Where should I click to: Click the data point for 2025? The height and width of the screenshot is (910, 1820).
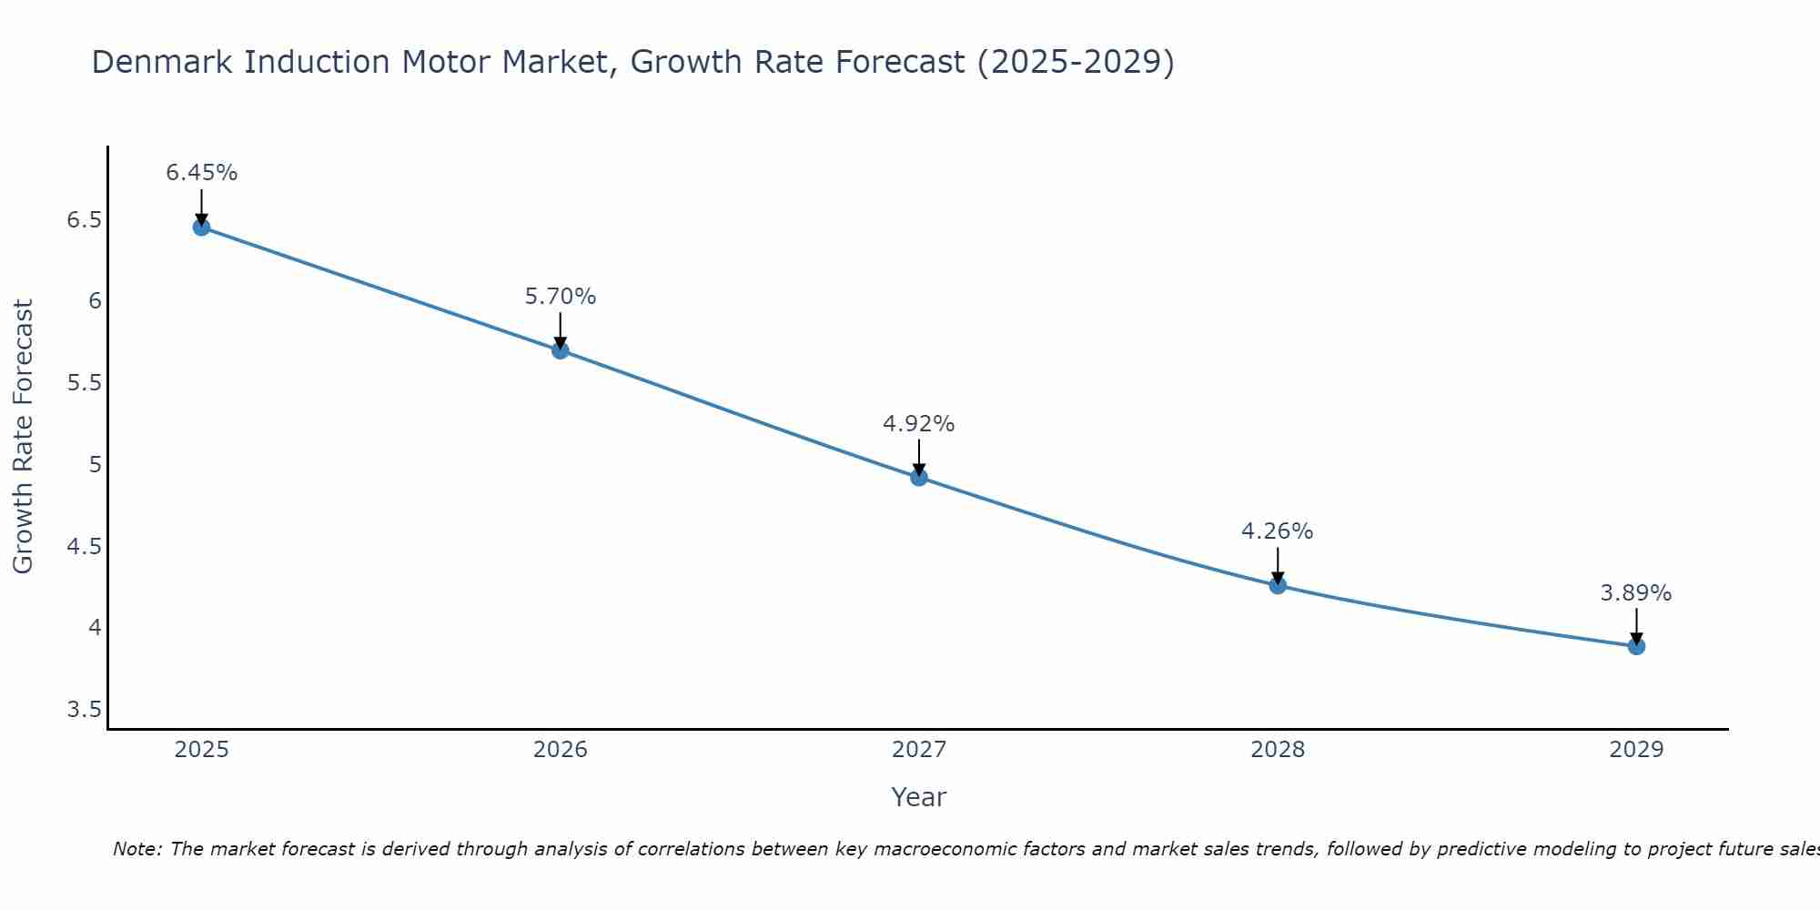pos(201,227)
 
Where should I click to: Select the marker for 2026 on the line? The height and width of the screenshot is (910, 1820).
pos(561,349)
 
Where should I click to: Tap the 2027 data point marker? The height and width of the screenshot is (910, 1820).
pos(919,477)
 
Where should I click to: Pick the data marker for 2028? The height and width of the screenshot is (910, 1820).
pos(1278,585)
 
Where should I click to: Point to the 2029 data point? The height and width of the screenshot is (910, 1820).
pos(1636,646)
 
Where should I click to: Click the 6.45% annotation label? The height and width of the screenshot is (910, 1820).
pos(201,173)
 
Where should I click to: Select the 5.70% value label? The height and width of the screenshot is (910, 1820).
pos(561,297)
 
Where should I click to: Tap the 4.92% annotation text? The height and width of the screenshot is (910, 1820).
pos(919,424)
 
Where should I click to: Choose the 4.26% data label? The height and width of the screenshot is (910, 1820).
pos(1278,531)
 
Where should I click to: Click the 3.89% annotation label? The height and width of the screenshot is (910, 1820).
pos(1636,593)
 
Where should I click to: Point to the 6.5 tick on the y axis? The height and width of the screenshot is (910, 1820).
pos(84,220)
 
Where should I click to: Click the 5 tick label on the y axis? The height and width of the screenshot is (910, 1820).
pos(95,465)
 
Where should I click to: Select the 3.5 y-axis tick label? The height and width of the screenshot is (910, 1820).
pos(84,710)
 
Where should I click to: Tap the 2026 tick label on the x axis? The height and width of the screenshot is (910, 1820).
pos(561,750)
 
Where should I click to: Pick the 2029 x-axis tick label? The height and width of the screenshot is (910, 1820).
pos(1636,750)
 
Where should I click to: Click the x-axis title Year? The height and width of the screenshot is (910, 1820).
pos(919,797)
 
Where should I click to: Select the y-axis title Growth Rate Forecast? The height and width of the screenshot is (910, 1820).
pos(24,437)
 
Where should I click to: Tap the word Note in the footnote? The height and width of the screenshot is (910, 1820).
pos(136,849)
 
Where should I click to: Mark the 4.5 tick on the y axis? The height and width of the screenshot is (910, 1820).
pos(84,547)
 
